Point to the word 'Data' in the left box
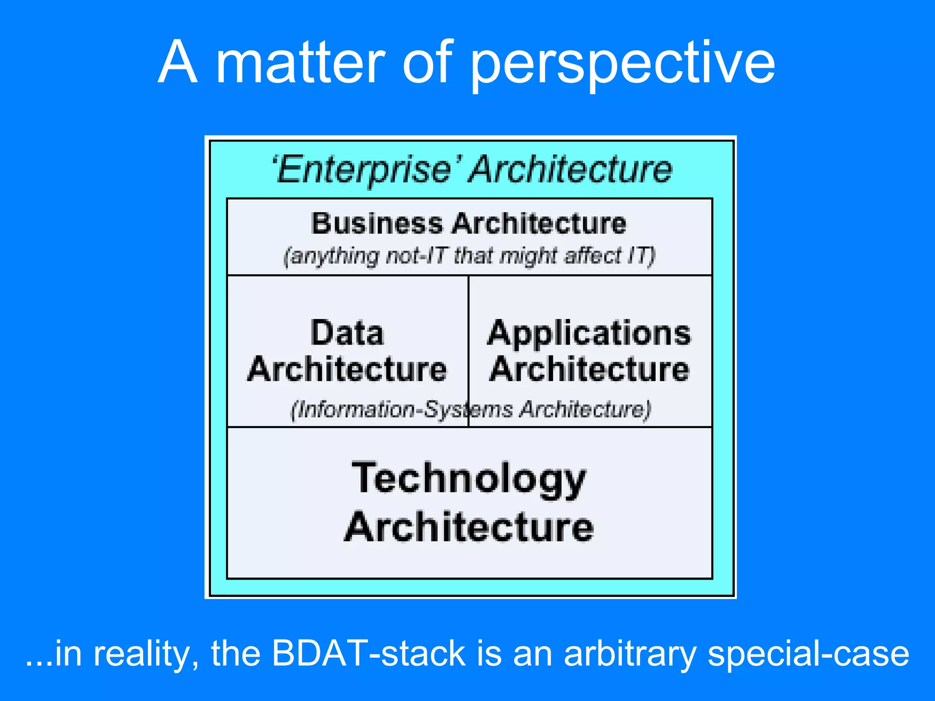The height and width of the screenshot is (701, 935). click(x=347, y=333)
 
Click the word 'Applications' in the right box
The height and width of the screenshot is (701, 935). click(x=589, y=334)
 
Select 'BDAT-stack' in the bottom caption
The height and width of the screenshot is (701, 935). click(x=368, y=653)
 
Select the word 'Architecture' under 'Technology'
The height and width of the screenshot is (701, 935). click(x=469, y=527)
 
